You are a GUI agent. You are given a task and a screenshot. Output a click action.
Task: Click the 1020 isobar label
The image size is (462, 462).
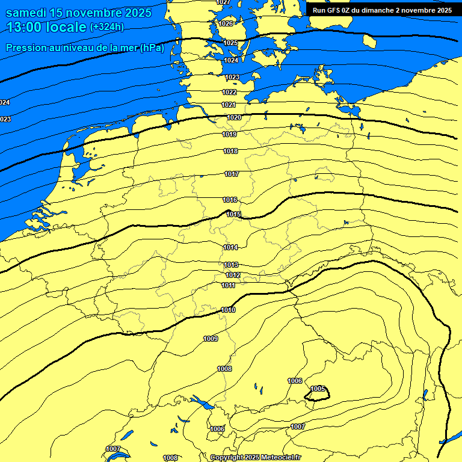pos(234,117)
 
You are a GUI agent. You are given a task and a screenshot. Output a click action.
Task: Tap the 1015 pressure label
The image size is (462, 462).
pos(234,214)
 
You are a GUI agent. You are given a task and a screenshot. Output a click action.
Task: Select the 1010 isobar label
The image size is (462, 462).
pos(228,310)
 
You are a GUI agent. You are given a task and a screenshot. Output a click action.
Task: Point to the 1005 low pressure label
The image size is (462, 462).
pos(318,389)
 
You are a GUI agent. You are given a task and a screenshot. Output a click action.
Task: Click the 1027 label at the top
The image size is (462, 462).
pos(223,2)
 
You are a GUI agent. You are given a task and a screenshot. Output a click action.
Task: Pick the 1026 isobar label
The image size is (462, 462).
pos(226,23)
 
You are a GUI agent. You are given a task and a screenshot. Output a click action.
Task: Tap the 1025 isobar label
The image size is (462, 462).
pos(230,43)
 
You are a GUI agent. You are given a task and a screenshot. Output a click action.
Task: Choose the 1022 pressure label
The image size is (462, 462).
pos(229,92)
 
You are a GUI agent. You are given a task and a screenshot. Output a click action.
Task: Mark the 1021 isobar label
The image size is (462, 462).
pos(228,105)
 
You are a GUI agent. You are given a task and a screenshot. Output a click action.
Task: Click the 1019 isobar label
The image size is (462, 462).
pos(229,134)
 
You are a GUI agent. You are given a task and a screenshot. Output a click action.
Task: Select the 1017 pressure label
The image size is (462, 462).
pos(232,174)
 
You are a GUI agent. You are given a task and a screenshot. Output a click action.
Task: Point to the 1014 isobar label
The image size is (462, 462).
pos(230,247)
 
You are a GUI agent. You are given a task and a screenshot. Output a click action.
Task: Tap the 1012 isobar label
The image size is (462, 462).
pos(233,275)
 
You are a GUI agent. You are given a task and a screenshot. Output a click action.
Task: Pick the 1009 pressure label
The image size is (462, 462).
pos(211,339)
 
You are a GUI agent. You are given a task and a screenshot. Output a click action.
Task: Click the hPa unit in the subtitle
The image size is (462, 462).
pos(152,48)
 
